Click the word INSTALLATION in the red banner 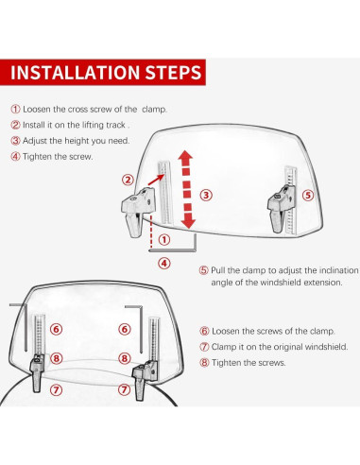pyautogui.click(x=75, y=73)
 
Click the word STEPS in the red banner pyautogui.click(x=173, y=73)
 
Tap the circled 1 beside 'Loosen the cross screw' pyautogui.click(x=15, y=110)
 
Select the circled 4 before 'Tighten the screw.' pyautogui.click(x=15, y=156)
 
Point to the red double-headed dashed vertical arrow pyautogui.click(x=186, y=190)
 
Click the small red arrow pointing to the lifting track pyautogui.click(x=156, y=180)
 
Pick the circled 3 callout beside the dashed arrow pyautogui.click(x=206, y=195)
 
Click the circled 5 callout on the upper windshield pyautogui.click(x=308, y=196)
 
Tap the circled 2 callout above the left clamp pyautogui.click(x=128, y=181)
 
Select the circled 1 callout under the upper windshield pyautogui.click(x=163, y=240)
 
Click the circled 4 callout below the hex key pyautogui.click(x=164, y=263)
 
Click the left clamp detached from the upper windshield pyautogui.click(x=138, y=211)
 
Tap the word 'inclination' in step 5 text pyautogui.click(x=339, y=270)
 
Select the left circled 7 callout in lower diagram pyautogui.click(x=56, y=389)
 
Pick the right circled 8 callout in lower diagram pyautogui.click(x=125, y=358)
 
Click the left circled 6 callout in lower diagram pyautogui.click(x=56, y=329)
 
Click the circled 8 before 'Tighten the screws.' pyautogui.click(x=204, y=363)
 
